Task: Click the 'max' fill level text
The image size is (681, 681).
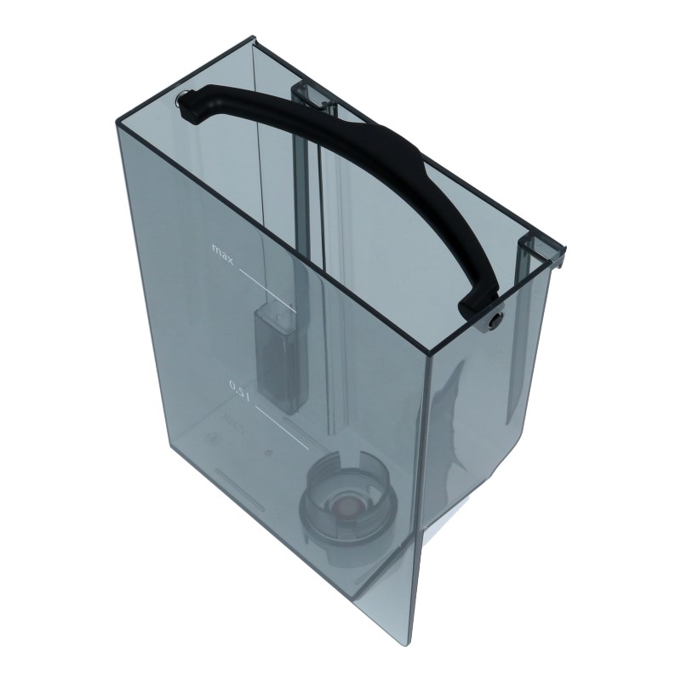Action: (223, 254)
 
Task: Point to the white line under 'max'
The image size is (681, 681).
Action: (267, 290)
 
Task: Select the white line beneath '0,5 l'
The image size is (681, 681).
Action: (282, 428)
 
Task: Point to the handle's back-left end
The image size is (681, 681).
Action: (190, 105)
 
